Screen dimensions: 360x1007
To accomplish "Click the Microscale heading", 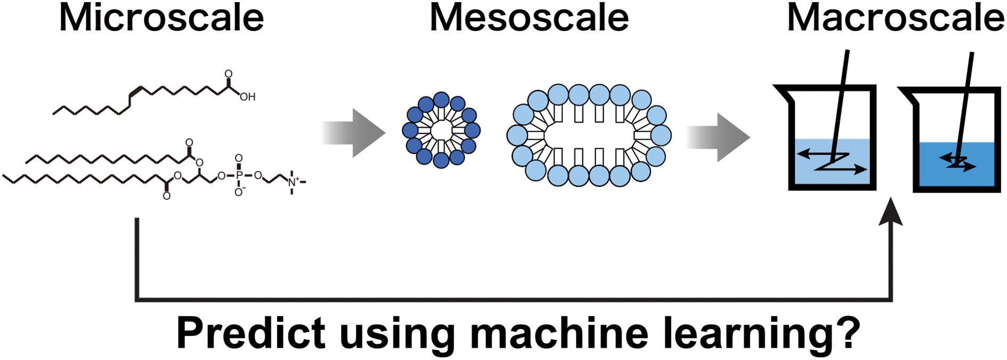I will click(x=161, y=18).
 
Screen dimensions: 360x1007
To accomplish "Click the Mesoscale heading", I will click(x=529, y=18).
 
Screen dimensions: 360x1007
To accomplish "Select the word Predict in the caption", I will click(x=251, y=333).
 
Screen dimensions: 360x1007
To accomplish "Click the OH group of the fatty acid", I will click(x=247, y=97).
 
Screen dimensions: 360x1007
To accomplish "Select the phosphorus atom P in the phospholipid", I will click(x=239, y=175).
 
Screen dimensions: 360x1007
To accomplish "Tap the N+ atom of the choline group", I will click(x=293, y=182).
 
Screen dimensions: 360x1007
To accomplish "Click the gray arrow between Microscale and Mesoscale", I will click(x=354, y=133).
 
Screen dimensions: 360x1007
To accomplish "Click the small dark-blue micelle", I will click(x=441, y=130).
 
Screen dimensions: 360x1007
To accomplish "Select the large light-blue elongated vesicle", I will click(x=589, y=135).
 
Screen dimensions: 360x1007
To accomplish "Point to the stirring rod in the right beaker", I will click(x=966, y=96).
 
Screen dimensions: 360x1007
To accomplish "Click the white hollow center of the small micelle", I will click(x=441, y=130).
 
